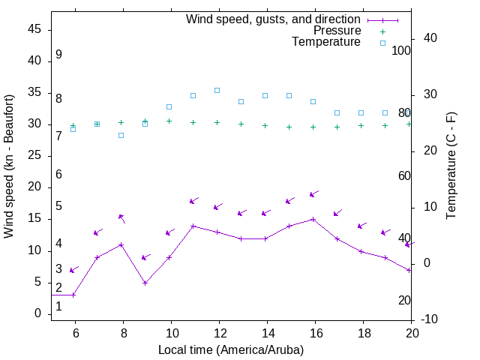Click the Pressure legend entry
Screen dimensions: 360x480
pos(337,31)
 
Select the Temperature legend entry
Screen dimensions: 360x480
pos(326,42)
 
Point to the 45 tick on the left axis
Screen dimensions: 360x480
pos(34,29)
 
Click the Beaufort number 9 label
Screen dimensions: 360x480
pos(58,55)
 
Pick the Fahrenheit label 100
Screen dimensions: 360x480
pos(402,50)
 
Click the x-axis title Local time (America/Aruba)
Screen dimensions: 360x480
pos(231,349)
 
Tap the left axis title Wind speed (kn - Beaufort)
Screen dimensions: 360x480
pos(9,166)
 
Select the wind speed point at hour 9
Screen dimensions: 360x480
pos(145,283)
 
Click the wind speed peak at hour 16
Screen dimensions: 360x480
pos(313,219)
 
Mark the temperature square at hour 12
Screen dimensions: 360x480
pos(217,90)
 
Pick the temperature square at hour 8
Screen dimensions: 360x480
pos(121,135)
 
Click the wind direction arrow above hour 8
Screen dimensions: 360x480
pos(121,218)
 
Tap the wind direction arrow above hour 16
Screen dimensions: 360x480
pos(315,193)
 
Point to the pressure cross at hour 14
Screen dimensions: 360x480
pos(265,125)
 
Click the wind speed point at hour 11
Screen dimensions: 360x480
pos(193,226)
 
